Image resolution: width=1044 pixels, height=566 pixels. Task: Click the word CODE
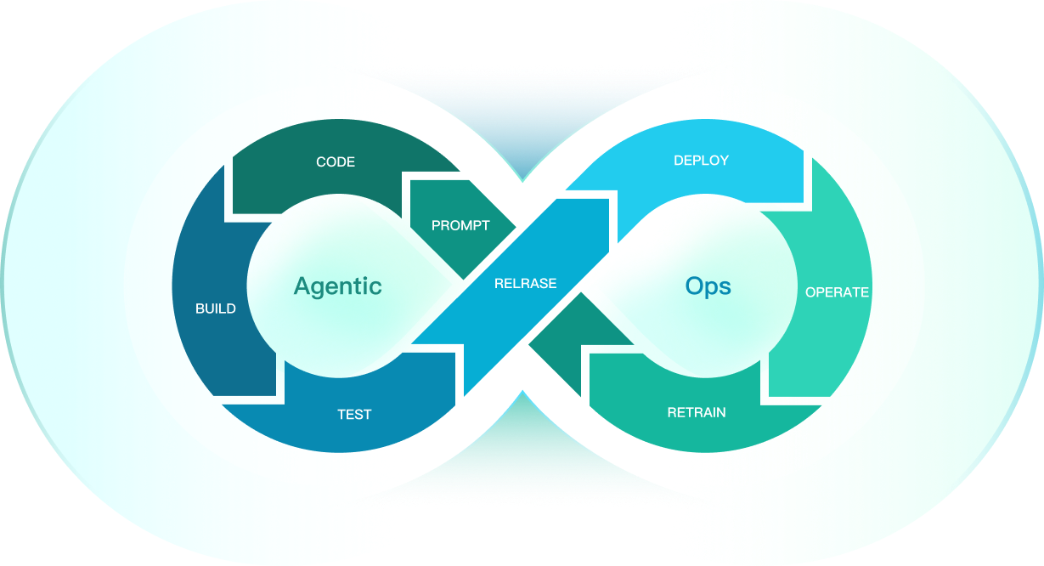[336, 161]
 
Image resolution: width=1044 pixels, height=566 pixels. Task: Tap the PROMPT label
[460, 225]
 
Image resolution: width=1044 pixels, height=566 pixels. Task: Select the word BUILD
[216, 308]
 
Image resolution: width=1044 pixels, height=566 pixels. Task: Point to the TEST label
[354, 415]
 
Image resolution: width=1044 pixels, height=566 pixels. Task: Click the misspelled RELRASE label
[526, 283]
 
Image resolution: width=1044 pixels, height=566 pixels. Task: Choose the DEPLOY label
[701, 160]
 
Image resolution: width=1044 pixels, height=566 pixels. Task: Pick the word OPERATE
[837, 292]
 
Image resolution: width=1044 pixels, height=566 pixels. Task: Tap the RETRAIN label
[697, 413]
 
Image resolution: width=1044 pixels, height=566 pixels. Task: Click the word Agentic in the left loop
[337, 286]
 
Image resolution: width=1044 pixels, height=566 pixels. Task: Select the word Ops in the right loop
[708, 286]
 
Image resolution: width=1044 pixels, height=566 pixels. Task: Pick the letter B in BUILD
[200, 308]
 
